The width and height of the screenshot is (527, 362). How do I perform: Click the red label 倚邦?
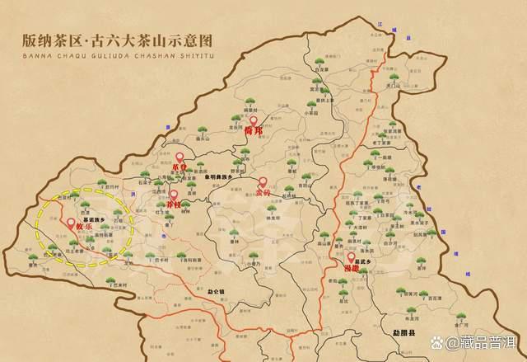click(x=253, y=130)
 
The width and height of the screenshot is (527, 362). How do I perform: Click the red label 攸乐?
click(x=83, y=228)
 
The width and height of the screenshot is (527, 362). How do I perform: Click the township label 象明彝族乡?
click(x=218, y=176)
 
